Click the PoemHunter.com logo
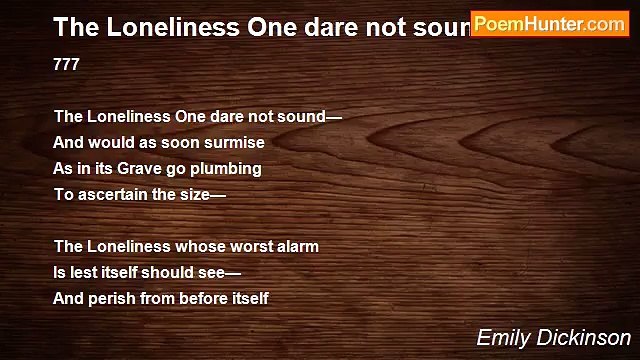coord(550,23)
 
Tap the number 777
coord(67,64)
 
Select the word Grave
coord(145,168)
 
